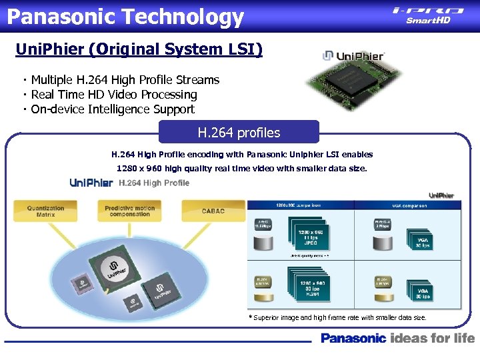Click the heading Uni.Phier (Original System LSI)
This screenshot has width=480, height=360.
tap(139, 49)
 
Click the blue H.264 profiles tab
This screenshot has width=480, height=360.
tap(239, 133)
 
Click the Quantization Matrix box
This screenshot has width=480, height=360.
tap(46, 211)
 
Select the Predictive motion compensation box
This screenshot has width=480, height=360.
tap(130, 211)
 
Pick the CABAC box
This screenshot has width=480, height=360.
tap(213, 211)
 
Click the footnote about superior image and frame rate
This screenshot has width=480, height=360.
tap(339, 318)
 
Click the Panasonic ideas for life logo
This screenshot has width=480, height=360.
tap(397, 338)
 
